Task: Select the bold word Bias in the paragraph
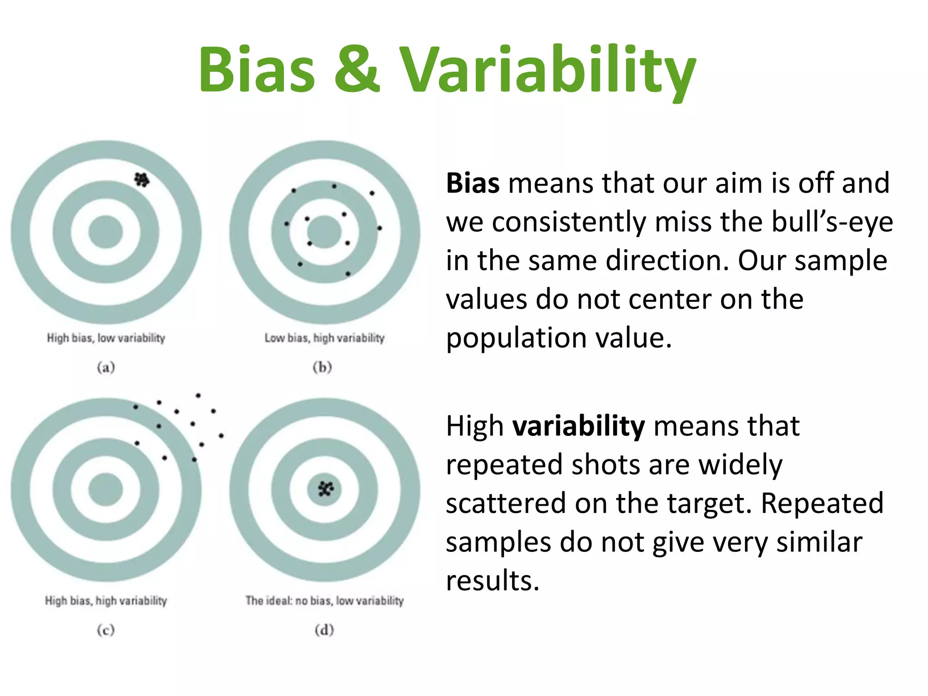(x=473, y=183)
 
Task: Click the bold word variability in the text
(x=579, y=426)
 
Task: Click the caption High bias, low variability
(x=106, y=338)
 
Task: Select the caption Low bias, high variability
(x=324, y=338)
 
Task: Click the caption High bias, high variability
(x=106, y=601)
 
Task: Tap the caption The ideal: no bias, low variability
(x=324, y=601)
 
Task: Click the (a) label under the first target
(x=106, y=367)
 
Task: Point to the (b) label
(x=323, y=367)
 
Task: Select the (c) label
(x=106, y=630)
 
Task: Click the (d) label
(x=324, y=630)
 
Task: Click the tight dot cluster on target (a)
(x=142, y=180)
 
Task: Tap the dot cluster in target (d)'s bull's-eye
(x=325, y=489)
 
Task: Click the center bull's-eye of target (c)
(x=106, y=489)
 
